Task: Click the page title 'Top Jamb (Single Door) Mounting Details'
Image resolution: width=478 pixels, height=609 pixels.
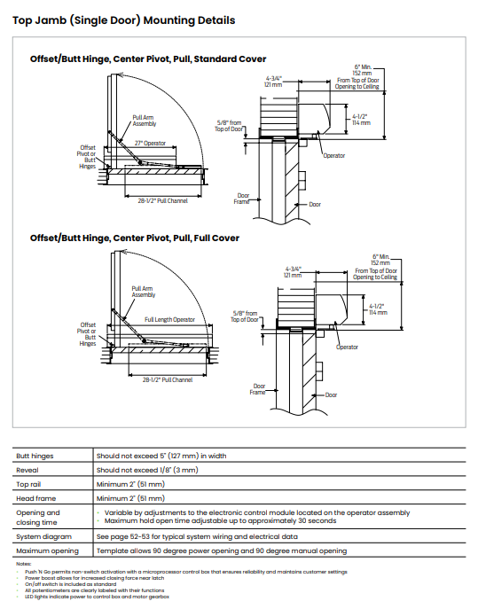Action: coord(123,20)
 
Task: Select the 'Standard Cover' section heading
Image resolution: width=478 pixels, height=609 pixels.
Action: coord(148,59)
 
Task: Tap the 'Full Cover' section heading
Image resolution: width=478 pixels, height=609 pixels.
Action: coord(135,238)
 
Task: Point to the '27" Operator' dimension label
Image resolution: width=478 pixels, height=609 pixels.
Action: coord(150,144)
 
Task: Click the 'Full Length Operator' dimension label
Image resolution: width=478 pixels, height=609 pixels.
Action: coord(169,320)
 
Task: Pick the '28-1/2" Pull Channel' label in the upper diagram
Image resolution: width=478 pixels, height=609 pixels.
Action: coord(163,201)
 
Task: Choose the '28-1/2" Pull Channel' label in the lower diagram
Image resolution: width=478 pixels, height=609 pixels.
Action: coord(168,379)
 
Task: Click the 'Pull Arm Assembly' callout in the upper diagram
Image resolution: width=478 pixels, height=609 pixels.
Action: coord(145,121)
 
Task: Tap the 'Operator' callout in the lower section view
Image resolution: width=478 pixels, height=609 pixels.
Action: coord(347,347)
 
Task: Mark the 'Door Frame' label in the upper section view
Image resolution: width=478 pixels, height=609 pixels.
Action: coord(243,199)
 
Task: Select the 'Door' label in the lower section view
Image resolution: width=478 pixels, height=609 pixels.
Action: coord(331,395)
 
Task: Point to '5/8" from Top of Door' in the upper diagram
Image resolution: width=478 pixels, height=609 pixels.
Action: coord(229,126)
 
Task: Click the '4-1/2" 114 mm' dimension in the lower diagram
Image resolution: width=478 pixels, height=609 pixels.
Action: coord(378,309)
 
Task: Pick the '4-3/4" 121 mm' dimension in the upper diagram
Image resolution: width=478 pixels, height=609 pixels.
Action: coord(273,82)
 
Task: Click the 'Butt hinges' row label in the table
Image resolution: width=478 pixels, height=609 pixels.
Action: coord(35,456)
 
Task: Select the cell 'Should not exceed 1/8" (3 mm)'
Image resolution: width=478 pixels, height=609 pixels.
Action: coord(147,470)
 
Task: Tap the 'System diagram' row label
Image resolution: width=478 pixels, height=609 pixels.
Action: coord(44,537)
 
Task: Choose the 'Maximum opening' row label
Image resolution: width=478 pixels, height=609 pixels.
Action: coord(47,550)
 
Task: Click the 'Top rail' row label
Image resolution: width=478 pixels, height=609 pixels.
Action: coord(28,484)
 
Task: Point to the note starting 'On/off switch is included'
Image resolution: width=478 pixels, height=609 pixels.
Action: coord(71,584)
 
